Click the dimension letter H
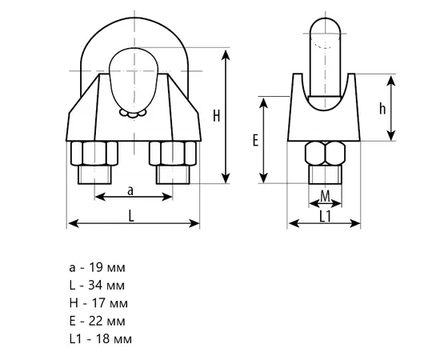(216, 116)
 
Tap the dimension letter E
(255, 140)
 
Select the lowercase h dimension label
(382, 109)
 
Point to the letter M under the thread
(325, 196)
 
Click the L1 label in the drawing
(326, 217)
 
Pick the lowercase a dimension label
(130, 191)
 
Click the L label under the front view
(131, 216)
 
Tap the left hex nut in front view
(94, 154)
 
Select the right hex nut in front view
(173, 154)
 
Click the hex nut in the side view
(325, 154)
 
